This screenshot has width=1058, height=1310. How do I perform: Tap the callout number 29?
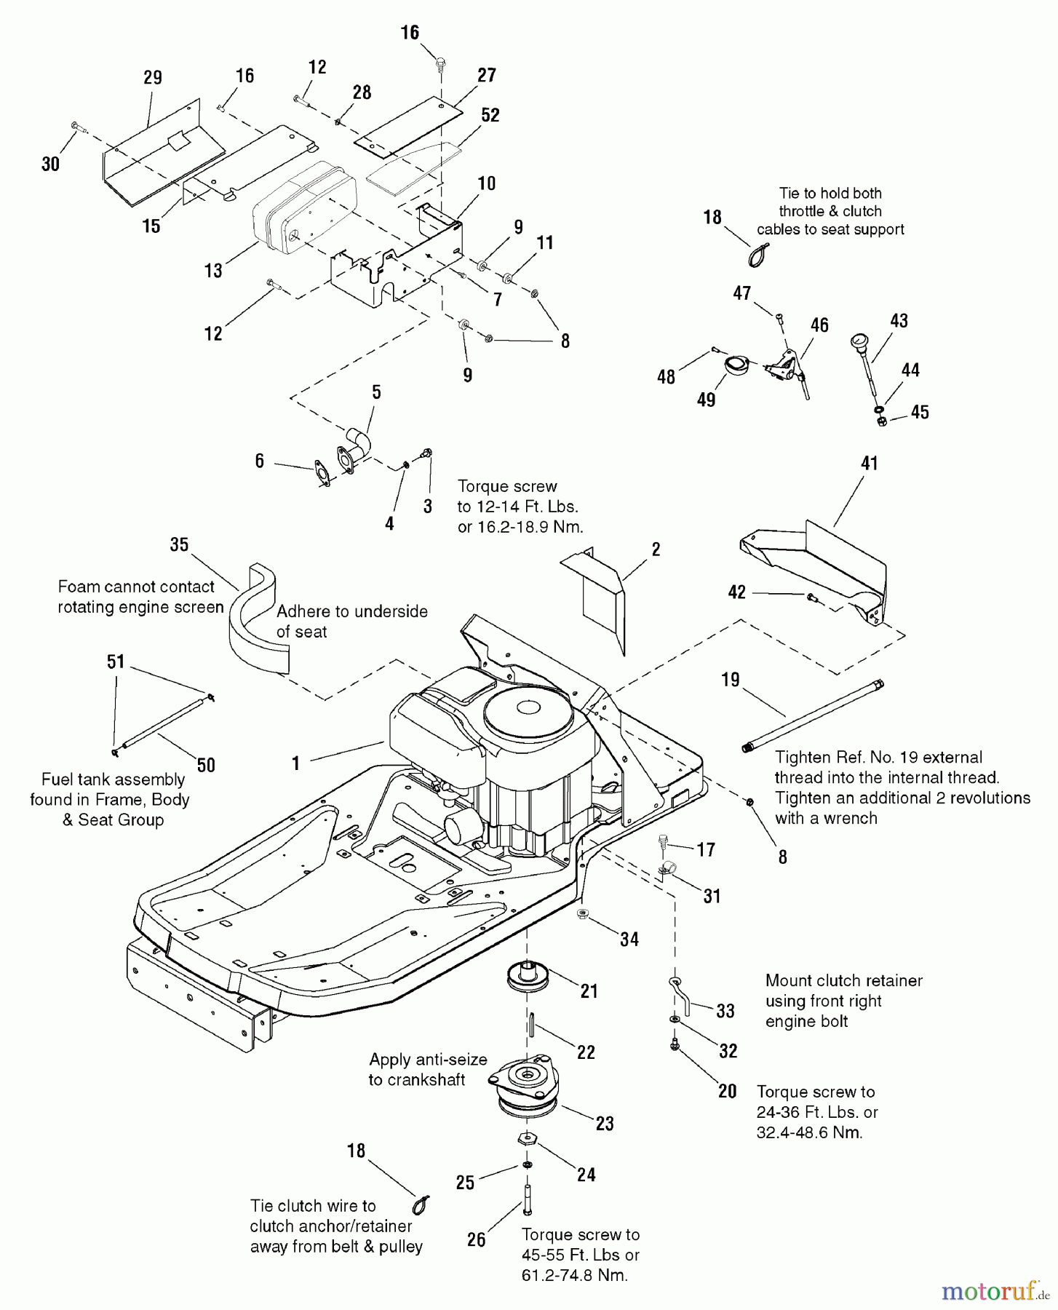pos(153,78)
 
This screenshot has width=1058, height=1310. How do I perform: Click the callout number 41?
pos(870,463)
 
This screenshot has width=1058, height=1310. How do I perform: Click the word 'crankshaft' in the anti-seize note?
pos(417,1079)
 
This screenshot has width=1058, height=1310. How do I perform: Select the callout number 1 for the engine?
pos(295,763)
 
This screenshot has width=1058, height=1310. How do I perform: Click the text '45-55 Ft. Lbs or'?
pos(580,1255)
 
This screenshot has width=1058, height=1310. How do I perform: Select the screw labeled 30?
pos(76,128)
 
